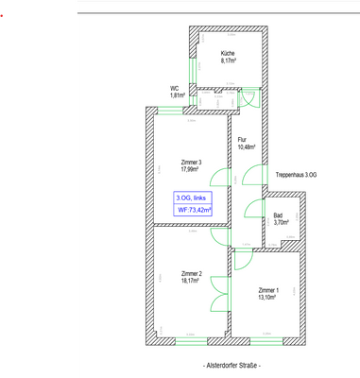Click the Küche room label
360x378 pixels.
tap(228, 53)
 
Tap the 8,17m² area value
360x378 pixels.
tap(228, 60)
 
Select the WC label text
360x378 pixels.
tap(175, 88)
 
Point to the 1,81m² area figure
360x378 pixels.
tap(177, 95)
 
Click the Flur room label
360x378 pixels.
tap(243, 140)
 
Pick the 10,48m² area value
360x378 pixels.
tap(246, 147)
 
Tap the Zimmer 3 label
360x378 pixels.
tap(192, 163)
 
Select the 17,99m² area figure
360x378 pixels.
tap(192, 170)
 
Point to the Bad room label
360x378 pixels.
tap(278, 215)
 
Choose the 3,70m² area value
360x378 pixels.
tap(281, 223)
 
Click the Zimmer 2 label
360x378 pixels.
tap(192, 273)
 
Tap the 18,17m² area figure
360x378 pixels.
tap(192, 281)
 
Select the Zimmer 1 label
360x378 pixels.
tap(268, 290)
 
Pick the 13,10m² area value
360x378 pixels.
tap(268, 298)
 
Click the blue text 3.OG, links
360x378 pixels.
tap(192, 198)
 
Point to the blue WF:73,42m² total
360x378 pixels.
tap(194, 210)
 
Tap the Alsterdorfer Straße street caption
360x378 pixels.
tap(231, 365)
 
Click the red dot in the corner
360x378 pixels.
tap(4, 15)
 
